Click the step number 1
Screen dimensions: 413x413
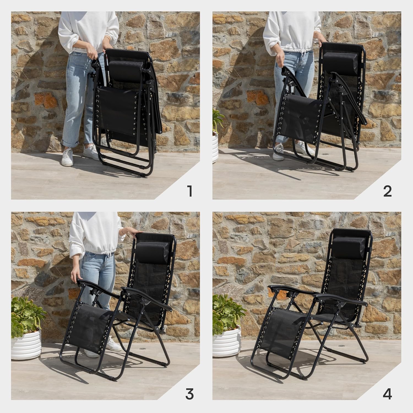[x=189, y=192]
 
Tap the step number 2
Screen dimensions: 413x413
[x=387, y=192]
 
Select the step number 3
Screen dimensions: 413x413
[x=189, y=393]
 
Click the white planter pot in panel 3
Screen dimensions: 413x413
[x=26, y=344]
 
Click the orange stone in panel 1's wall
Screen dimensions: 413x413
[x=46, y=100]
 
